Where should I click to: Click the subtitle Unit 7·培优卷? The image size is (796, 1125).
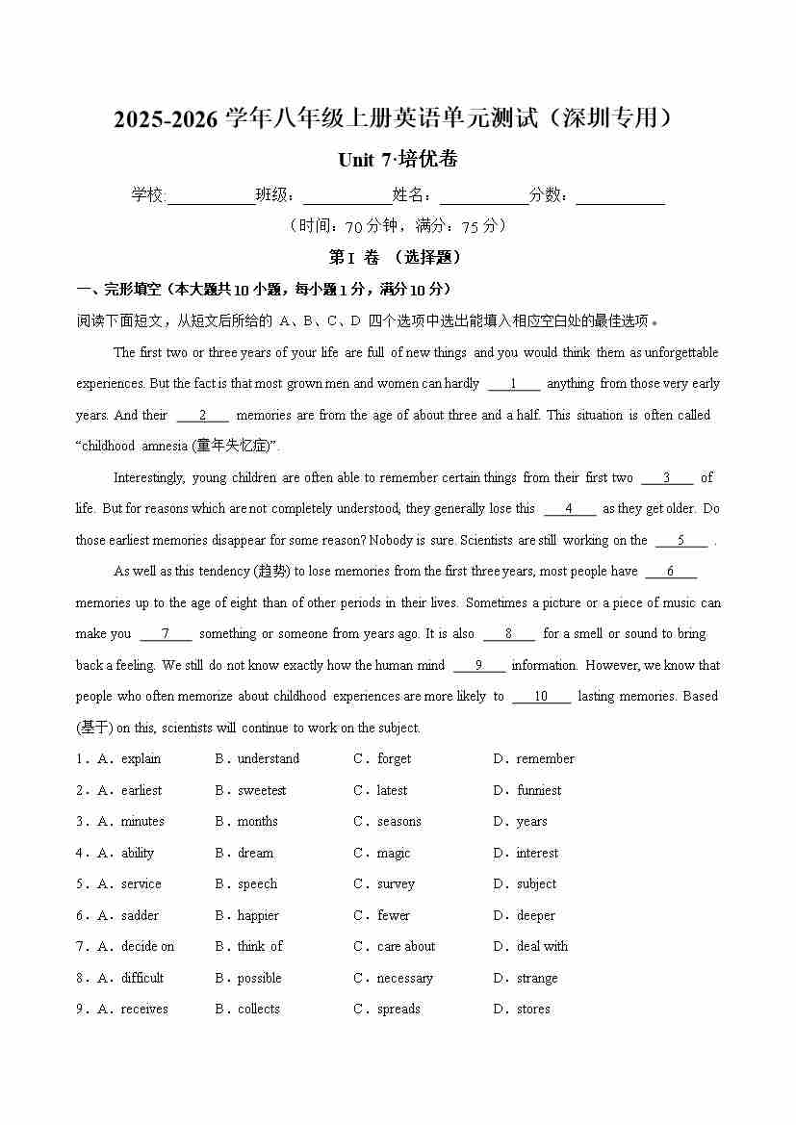click(x=398, y=160)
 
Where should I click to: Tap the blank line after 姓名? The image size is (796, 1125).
click(x=483, y=196)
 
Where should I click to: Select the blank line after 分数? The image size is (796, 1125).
click(x=620, y=196)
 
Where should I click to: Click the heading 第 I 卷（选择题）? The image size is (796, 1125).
click(x=397, y=258)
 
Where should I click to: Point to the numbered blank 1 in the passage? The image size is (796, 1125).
click(x=513, y=384)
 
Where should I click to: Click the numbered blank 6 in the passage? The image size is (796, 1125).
click(x=670, y=572)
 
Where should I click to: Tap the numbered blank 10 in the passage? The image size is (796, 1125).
click(x=540, y=697)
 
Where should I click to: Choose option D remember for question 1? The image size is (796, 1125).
click(x=545, y=759)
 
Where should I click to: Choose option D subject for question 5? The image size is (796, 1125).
click(x=536, y=884)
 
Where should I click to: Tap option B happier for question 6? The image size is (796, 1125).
click(x=258, y=916)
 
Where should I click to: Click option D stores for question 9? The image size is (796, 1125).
click(x=533, y=1010)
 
